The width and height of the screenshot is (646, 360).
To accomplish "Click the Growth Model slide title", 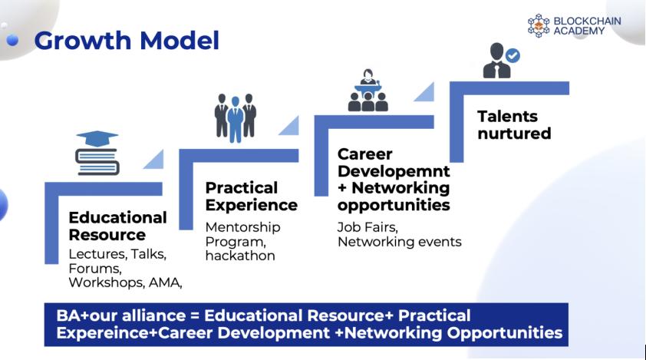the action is click(x=127, y=41).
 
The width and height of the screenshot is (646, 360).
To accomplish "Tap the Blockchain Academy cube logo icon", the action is click(x=539, y=25).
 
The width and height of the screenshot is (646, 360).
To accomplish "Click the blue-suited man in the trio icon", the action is click(x=236, y=120).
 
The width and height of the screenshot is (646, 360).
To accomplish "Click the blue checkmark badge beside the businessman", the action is click(x=513, y=55).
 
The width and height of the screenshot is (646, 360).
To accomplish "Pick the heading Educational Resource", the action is click(x=117, y=226).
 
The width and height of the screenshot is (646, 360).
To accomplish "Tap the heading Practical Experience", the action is click(x=252, y=197).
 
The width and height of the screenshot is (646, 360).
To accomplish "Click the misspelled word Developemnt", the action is click(x=394, y=170).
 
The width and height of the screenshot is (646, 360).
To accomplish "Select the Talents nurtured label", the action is click(x=514, y=124).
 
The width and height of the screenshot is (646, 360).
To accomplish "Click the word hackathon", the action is click(x=240, y=256).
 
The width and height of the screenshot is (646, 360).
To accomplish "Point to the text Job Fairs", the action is click(x=367, y=227).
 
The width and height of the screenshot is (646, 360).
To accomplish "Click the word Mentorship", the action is click(x=242, y=227).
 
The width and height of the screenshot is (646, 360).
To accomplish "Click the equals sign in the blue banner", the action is click(x=195, y=316).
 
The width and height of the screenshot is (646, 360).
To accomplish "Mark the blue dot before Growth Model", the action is click(x=13, y=40).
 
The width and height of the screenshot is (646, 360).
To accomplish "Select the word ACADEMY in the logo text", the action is click(x=578, y=31).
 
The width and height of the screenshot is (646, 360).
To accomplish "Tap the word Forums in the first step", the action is click(x=95, y=269).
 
